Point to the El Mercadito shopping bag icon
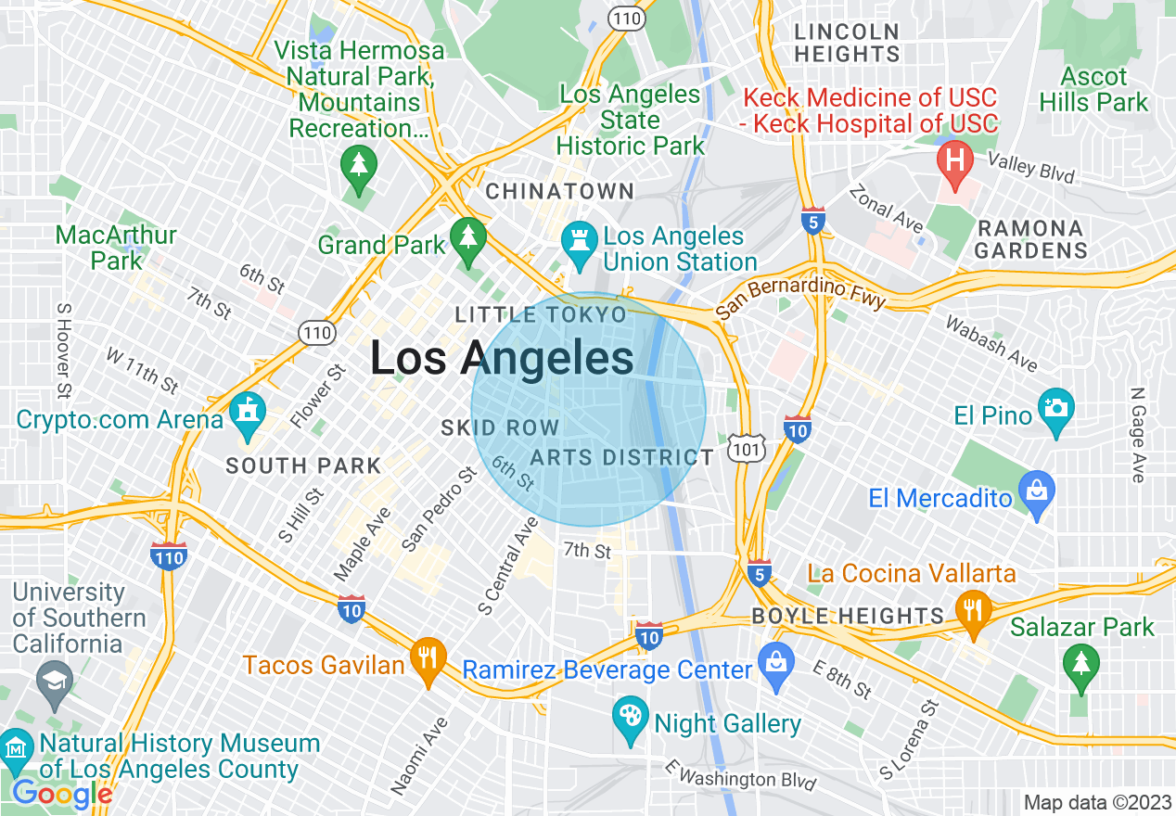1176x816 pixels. point(1036,488)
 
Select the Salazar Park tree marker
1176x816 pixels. point(1081,662)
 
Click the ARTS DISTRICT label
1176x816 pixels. point(622,457)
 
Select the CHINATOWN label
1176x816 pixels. point(560,192)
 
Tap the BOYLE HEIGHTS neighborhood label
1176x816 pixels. point(848,616)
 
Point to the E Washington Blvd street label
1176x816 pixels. point(742,775)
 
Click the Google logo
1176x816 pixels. point(62,794)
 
